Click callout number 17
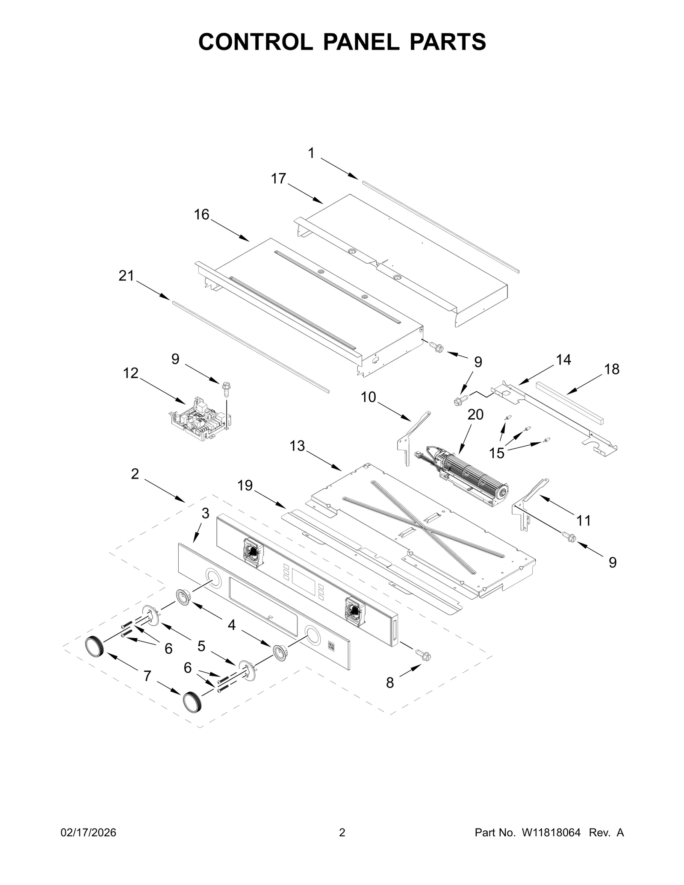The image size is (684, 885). coord(278,179)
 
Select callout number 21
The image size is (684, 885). coord(126,276)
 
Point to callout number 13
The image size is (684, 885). coord(297,446)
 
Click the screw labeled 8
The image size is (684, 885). coord(423,656)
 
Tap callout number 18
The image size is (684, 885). coord(612,369)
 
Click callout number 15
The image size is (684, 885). coord(497,453)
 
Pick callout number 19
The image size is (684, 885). coord(245,485)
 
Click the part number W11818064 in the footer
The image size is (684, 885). coord(551,833)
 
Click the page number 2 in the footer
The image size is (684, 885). coord(342,833)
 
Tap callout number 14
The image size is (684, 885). coord(563,360)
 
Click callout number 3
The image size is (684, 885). coord(205,513)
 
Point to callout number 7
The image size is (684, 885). coord(147,676)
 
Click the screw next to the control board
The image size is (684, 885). coord(225,389)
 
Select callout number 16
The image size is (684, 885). coord(202,215)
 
